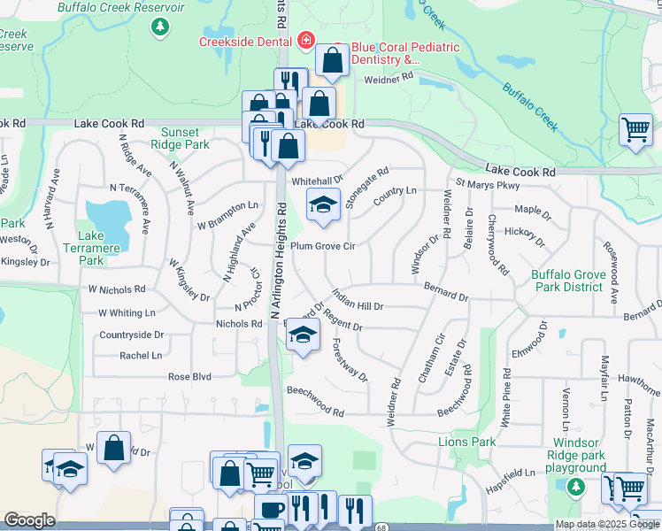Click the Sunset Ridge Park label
180,138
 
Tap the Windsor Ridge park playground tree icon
576,486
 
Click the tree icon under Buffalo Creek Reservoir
160,27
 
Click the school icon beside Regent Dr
303,335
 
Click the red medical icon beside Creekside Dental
306,41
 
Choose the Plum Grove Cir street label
323,246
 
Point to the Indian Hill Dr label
358,299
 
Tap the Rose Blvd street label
190,377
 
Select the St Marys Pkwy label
488,184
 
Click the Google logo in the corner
29,520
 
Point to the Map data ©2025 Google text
607,524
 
